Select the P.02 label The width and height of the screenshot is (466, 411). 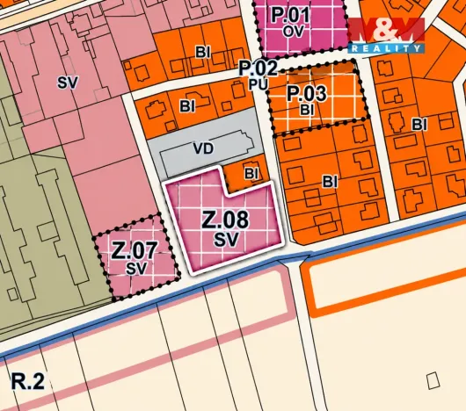(258, 68)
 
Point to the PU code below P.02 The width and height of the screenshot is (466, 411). (258, 83)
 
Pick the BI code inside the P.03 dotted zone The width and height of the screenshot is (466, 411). (307, 110)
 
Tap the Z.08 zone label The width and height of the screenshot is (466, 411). (225, 219)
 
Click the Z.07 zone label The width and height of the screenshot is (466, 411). (134, 249)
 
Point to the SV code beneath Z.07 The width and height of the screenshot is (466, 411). (134, 267)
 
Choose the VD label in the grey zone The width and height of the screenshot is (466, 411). (203, 148)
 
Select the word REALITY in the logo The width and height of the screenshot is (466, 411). (388, 47)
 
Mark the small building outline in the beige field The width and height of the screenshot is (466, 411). (432, 380)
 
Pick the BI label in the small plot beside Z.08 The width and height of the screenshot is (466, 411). (251, 173)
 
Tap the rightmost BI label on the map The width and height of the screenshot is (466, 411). (418, 124)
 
